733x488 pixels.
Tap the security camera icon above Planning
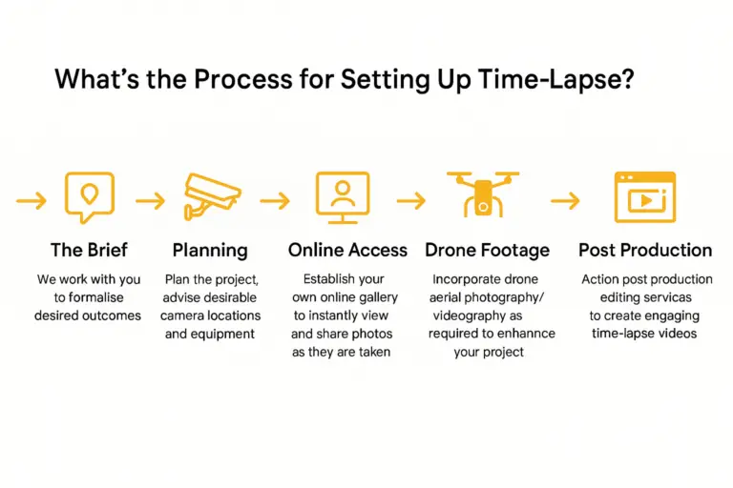(x=211, y=195)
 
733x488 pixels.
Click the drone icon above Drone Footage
(x=483, y=195)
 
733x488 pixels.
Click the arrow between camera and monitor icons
(x=275, y=201)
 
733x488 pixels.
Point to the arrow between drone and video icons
(x=565, y=201)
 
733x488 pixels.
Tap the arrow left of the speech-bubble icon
(x=31, y=201)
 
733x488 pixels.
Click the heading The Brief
(x=89, y=250)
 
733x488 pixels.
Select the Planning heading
(x=210, y=251)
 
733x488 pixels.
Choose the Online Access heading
(x=347, y=251)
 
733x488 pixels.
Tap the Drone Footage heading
(x=487, y=251)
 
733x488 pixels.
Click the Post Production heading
(x=645, y=251)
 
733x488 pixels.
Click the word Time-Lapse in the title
(x=556, y=79)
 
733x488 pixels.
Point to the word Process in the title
(x=243, y=78)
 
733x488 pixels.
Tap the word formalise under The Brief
(x=96, y=297)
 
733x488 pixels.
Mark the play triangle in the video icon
(x=646, y=201)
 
